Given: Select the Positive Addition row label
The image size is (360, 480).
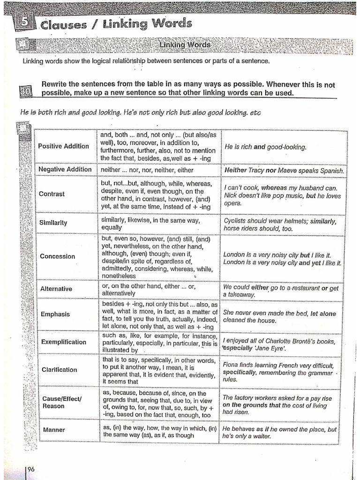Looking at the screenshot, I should [x=63, y=146].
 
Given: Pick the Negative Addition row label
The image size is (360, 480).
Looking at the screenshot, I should [x=65, y=169].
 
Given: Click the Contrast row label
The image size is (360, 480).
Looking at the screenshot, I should [x=52, y=194].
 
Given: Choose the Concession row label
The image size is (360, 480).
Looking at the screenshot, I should [x=57, y=256].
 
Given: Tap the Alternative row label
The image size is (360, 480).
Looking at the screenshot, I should [x=56, y=289].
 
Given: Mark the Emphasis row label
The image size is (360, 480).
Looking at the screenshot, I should [x=55, y=314].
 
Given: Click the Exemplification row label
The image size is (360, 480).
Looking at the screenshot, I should [x=64, y=342].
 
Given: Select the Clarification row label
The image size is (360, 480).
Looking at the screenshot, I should [x=59, y=370].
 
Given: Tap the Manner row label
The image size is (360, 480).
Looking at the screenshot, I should [x=54, y=430].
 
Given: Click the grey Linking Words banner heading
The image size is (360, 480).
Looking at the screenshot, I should [x=185, y=45].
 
